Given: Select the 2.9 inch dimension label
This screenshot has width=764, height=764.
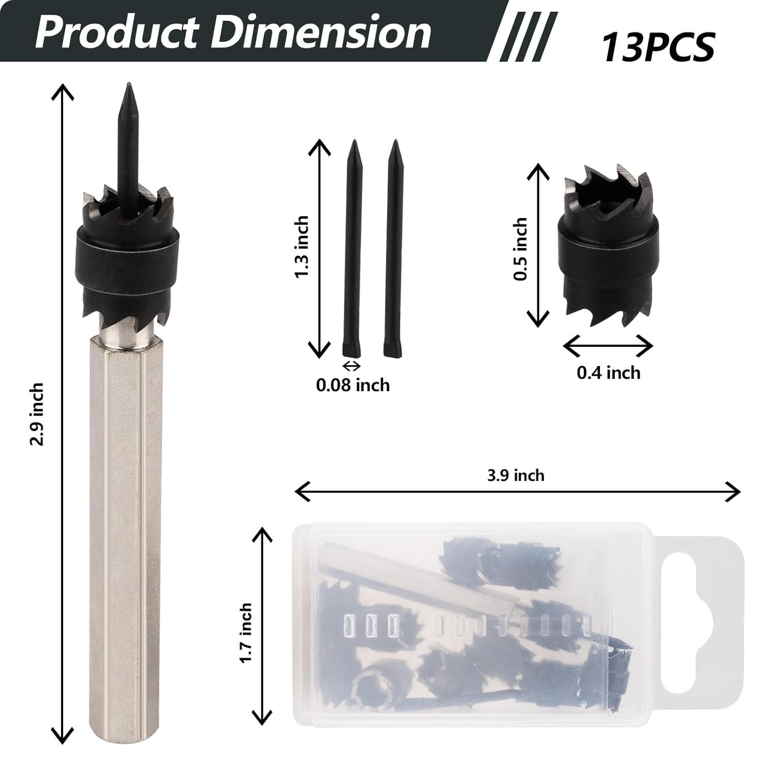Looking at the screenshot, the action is (x=37, y=414).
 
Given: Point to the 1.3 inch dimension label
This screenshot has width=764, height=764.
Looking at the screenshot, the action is (x=301, y=247).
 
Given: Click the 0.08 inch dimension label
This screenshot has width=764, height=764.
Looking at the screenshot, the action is (x=353, y=385).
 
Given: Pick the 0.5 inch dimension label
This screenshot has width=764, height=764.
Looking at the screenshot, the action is (x=520, y=249).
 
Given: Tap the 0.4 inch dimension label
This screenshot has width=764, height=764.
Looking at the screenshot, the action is (x=608, y=372).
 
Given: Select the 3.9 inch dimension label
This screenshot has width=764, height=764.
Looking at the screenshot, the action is (x=516, y=475).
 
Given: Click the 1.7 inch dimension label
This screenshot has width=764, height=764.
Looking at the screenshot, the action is (x=246, y=633).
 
